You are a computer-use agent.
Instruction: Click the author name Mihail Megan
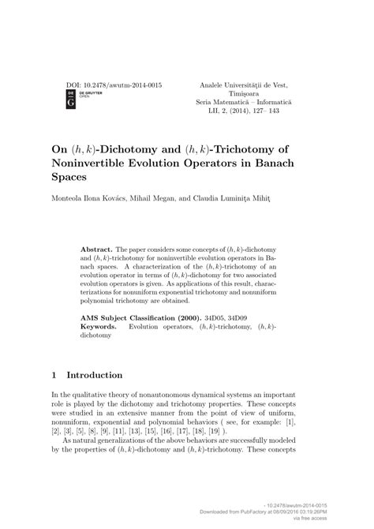(151, 198)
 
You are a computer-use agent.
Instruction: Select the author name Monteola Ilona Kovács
(92, 198)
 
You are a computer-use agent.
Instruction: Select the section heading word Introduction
(95, 375)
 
